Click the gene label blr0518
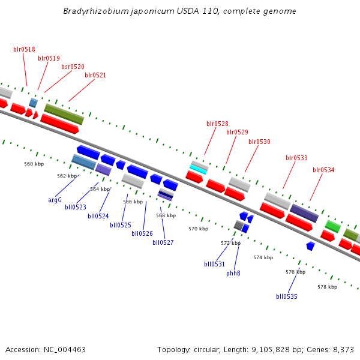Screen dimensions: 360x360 (x=24, y=49)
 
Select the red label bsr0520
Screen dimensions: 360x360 (x=73, y=67)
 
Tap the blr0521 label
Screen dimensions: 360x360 (x=95, y=75)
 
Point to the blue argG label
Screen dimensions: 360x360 (x=55, y=200)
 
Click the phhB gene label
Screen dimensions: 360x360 (x=233, y=273)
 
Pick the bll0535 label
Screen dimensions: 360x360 (x=287, y=296)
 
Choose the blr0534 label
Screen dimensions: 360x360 (x=323, y=170)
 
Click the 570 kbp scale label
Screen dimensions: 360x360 (x=198, y=229)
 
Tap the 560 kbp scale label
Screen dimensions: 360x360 (x=34, y=164)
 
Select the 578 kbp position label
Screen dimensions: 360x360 (x=327, y=287)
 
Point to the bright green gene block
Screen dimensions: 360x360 (x=332, y=226)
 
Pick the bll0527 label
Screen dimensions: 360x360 (x=163, y=242)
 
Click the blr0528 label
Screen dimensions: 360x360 (x=217, y=124)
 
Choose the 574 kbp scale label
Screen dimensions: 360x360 (x=263, y=257)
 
